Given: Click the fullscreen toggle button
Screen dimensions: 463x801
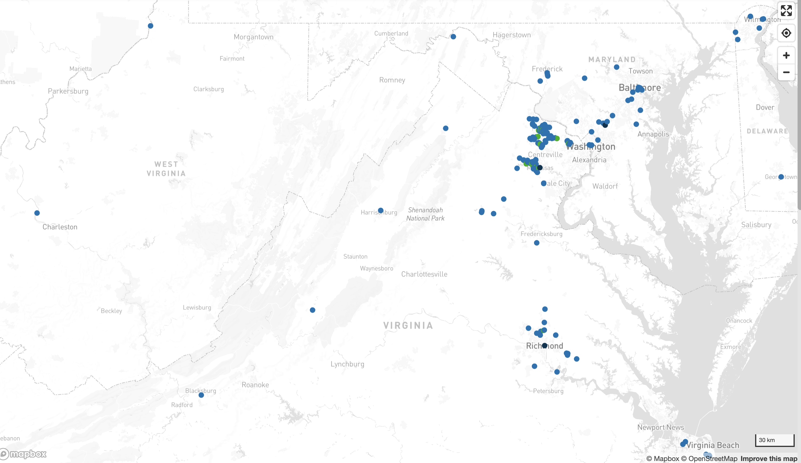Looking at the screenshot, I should pos(786,11).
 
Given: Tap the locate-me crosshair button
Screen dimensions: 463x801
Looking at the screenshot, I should pos(786,33).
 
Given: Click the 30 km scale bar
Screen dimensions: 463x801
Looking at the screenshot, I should pos(774,440).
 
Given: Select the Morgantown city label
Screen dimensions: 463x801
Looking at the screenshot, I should pos(253,37).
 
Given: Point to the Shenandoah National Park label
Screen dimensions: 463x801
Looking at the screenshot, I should pos(425,214).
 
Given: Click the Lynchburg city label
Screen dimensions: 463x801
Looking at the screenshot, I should pos(347,364).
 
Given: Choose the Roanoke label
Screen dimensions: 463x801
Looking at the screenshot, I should pos(255,385).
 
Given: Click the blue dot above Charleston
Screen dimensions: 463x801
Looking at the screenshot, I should pos(37,213).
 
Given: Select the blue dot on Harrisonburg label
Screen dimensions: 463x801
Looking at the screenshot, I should pos(381,211).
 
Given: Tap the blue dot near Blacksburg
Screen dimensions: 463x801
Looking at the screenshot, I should pos(201,395).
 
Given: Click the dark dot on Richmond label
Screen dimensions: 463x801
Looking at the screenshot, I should pos(545,345).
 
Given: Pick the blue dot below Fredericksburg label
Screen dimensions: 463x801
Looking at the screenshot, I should pos(537,243).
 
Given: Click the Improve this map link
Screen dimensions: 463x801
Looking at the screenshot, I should pos(769,458).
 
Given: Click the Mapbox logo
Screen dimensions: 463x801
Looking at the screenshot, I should pos(24,454).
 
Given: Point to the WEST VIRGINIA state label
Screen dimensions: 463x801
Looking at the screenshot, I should pos(166,169).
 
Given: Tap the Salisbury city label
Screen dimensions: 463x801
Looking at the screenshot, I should pos(756,225).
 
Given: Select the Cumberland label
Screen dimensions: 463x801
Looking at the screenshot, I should pos(391,33).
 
